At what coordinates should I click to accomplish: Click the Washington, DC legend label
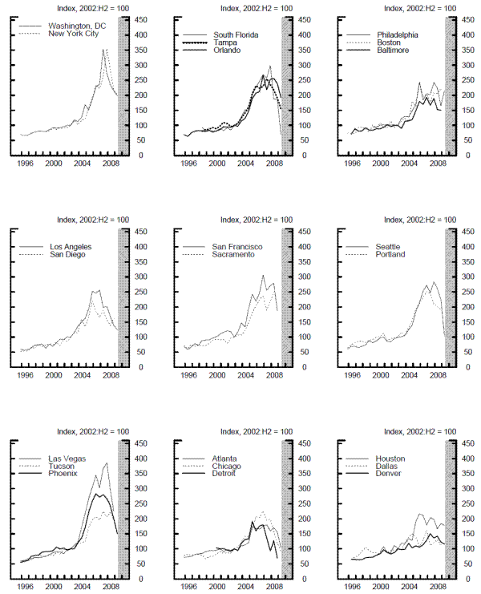coord(75,26)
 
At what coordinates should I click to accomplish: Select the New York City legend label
coord(74,34)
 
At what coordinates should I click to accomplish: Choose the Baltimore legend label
coord(393,51)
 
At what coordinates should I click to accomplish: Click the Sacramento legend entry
coord(233,255)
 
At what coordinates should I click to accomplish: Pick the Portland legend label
coord(390,255)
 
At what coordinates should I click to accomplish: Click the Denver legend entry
coord(390,475)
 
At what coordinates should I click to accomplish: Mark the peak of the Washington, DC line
coord(103,50)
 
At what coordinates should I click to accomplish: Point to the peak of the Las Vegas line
coord(107,463)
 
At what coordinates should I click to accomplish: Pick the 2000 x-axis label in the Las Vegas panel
coord(54,587)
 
